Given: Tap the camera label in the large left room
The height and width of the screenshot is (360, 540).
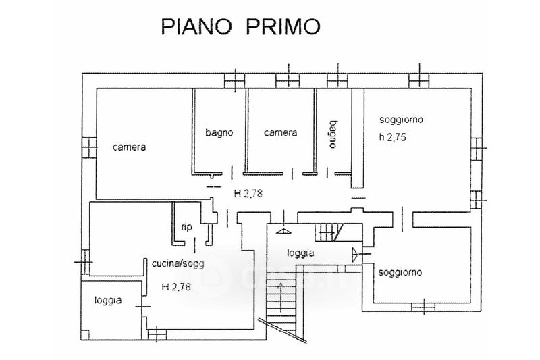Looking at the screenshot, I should tap(130, 147).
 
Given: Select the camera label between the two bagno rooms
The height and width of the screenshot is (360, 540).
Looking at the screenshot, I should tap(280, 133).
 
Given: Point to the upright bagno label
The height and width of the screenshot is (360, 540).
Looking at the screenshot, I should tap(219, 133).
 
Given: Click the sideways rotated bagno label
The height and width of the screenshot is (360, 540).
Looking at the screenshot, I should tap(333, 133).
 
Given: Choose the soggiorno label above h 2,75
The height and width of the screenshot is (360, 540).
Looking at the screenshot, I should tap(401, 120).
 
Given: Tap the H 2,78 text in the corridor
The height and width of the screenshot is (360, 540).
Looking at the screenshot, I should tap(248, 193).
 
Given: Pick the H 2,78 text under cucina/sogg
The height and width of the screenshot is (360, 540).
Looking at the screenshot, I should tap(175, 286).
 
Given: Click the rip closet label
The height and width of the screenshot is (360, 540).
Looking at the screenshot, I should tap(187, 227).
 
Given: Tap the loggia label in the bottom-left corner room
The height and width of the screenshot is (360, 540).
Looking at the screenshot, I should tap(108, 300).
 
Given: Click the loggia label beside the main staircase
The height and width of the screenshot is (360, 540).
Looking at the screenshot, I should tap(300, 253).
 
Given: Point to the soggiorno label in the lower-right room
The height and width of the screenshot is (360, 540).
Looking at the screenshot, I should tap(400, 273).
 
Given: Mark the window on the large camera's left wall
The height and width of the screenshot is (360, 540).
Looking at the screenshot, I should tap(88, 147).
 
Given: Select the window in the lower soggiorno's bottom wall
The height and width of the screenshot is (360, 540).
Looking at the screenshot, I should tap(423, 308).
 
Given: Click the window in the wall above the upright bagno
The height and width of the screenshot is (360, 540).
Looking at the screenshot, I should tap(232, 80).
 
